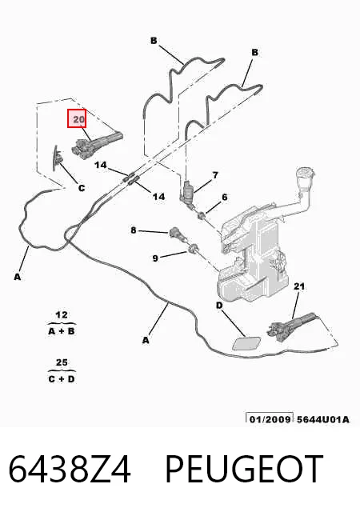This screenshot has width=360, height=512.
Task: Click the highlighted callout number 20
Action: [x=77, y=118]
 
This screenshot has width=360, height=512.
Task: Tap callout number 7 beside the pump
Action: [x=215, y=175]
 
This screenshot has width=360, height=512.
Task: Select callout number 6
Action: [x=225, y=198]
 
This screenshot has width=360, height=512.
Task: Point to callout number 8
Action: [x=134, y=230]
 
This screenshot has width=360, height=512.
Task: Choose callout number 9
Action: [x=155, y=258]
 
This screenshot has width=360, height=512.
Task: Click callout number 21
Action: [x=299, y=286]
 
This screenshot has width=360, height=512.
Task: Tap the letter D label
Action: [x=219, y=306]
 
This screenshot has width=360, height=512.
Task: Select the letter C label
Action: [x=82, y=188]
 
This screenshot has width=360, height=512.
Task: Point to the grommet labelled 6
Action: [x=202, y=215]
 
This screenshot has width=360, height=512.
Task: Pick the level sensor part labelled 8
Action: [x=175, y=234]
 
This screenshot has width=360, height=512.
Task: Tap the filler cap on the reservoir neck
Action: [x=305, y=174]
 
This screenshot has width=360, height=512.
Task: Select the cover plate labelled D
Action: [x=246, y=343]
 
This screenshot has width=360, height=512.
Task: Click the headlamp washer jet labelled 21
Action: [x=290, y=326]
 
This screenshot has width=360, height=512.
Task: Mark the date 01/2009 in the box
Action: [x=270, y=419]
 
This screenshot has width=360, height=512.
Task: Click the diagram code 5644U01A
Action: [x=322, y=419]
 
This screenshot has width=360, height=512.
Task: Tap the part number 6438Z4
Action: [x=70, y=470]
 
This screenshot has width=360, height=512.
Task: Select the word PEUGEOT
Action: [x=244, y=470]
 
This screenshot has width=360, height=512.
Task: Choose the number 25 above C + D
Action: [x=62, y=362]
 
